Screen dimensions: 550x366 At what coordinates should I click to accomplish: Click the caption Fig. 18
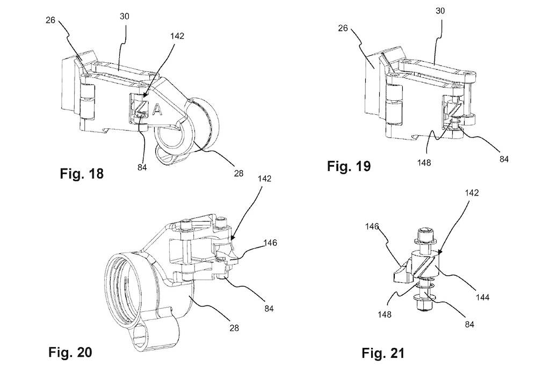click(x=82, y=173)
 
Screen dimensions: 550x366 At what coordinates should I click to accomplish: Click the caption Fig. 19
click(x=349, y=166)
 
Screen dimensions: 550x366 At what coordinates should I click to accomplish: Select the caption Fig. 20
click(x=70, y=352)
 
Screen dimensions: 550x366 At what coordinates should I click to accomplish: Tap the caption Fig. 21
click(x=383, y=353)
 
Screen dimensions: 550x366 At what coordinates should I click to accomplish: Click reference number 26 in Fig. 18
click(x=50, y=20)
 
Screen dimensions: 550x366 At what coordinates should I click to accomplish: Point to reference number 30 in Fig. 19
click(x=440, y=11)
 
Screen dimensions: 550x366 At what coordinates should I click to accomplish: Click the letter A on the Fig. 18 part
click(x=157, y=109)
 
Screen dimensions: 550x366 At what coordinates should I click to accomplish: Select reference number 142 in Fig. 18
click(x=177, y=36)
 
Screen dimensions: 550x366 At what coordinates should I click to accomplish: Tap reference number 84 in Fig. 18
click(x=142, y=167)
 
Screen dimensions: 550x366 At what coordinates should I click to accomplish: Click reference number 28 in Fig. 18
click(x=238, y=173)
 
